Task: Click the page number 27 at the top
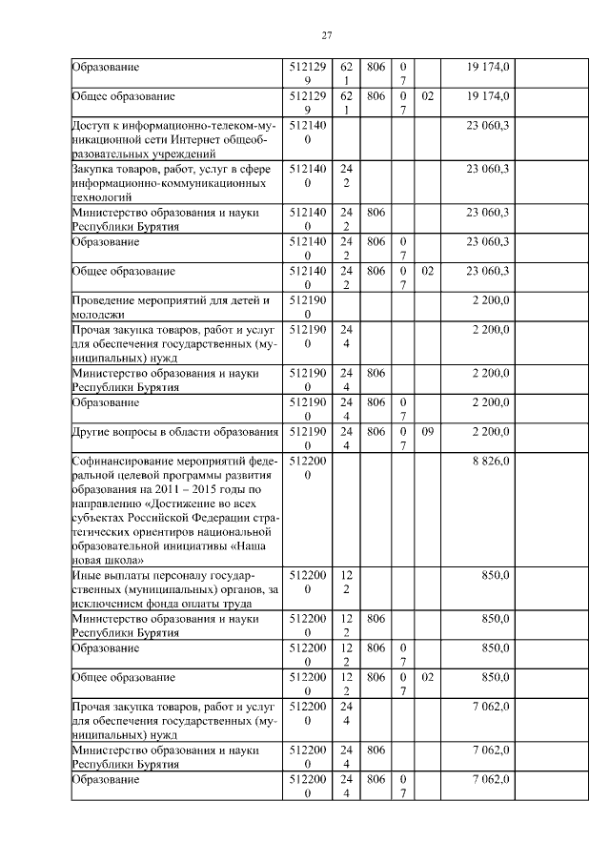click(326, 35)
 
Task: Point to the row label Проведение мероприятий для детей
click(171, 300)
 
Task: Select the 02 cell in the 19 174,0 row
click(428, 96)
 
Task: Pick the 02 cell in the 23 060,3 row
click(428, 272)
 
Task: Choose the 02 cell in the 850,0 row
click(428, 677)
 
